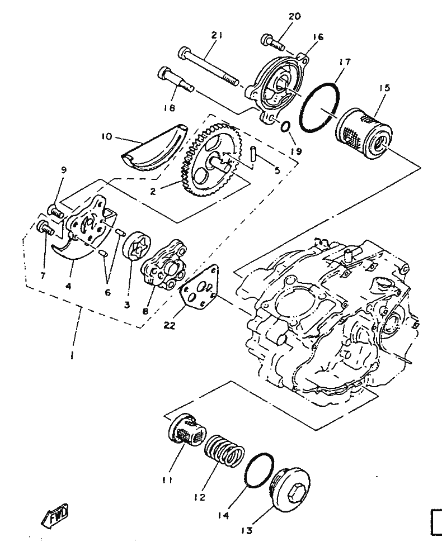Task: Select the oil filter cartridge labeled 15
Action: point(365,134)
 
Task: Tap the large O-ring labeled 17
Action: point(319,107)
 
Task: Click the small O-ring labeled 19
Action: point(285,127)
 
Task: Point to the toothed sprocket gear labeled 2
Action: point(210,162)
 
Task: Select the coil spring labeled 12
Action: point(224,448)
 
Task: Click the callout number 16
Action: point(318,37)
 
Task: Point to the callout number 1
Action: point(72,355)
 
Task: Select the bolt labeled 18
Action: point(176,79)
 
